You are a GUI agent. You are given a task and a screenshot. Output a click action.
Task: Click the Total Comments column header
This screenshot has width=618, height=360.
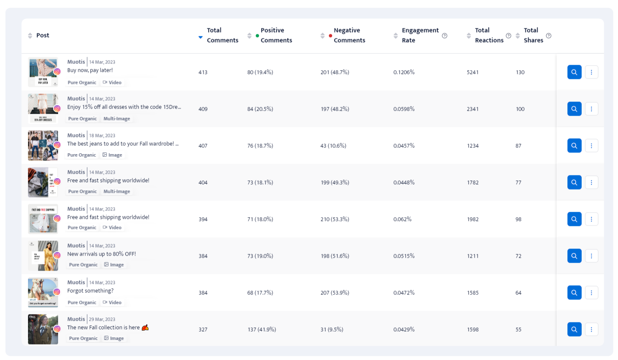pyautogui.click(x=222, y=35)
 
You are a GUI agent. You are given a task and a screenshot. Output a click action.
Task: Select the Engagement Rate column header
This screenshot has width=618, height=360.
pyautogui.click(x=420, y=35)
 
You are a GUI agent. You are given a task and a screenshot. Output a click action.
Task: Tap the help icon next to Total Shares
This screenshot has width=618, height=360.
pyautogui.click(x=549, y=36)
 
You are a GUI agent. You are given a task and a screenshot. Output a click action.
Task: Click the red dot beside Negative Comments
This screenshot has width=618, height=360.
pyautogui.click(x=330, y=36)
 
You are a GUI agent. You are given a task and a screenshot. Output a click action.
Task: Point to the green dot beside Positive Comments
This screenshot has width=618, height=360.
pyautogui.click(x=257, y=36)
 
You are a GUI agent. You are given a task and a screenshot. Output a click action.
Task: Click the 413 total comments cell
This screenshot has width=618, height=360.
pyautogui.click(x=203, y=72)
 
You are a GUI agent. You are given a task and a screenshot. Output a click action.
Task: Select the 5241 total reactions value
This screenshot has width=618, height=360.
pyautogui.click(x=473, y=72)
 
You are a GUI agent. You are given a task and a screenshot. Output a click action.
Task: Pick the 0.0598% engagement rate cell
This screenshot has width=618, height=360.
pyautogui.click(x=404, y=109)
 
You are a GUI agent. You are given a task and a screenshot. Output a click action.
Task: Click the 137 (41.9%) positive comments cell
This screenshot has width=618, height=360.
pyautogui.click(x=262, y=330)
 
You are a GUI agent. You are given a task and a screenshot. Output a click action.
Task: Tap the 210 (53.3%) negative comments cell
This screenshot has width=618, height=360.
pyautogui.click(x=335, y=219)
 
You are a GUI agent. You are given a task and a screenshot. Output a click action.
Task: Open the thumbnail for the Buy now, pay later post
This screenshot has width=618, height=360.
pyautogui.click(x=43, y=72)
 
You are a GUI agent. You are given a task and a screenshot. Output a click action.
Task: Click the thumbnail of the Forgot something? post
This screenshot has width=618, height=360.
pyautogui.click(x=43, y=292)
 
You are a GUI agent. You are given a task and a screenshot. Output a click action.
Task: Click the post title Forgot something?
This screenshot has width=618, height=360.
pyautogui.click(x=90, y=291)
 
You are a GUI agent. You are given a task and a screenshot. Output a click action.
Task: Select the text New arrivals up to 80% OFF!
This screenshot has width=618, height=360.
pyautogui.click(x=102, y=254)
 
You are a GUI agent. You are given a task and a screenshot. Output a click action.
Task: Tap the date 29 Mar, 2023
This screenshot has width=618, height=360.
pyautogui.click(x=102, y=319)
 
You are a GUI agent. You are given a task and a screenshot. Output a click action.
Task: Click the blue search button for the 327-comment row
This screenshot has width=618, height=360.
pyautogui.click(x=574, y=330)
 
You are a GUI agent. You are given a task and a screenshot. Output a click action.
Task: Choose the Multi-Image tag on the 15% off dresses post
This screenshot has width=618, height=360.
pyautogui.click(x=117, y=119)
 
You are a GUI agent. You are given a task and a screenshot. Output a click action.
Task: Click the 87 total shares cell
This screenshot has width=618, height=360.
pyautogui.click(x=518, y=146)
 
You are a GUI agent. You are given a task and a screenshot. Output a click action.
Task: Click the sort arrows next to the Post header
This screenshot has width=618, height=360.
pyautogui.click(x=30, y=35)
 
